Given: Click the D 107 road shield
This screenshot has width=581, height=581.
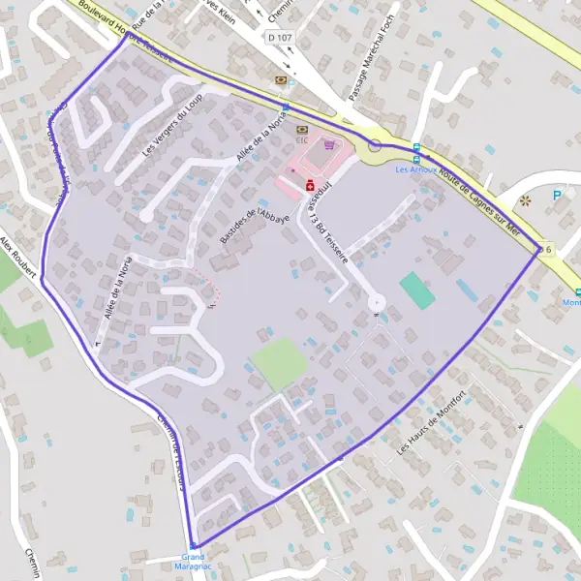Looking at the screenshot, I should click(279, 37).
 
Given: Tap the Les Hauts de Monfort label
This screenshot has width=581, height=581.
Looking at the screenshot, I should click(432, 422).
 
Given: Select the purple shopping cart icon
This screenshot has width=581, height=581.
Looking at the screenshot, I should click(331, 144).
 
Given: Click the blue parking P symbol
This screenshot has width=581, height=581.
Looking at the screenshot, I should click(557, 195).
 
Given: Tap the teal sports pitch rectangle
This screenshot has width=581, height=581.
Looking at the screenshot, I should click(416, 290).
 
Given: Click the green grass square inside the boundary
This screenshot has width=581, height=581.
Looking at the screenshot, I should click(280, 362).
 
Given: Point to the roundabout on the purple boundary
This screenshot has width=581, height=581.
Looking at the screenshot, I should click(375, 146).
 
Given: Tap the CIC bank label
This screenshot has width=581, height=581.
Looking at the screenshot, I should click(301, 138).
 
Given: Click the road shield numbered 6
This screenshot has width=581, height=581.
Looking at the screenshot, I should click(547, 248).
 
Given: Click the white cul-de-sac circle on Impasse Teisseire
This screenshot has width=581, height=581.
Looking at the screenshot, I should click(376, 304).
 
